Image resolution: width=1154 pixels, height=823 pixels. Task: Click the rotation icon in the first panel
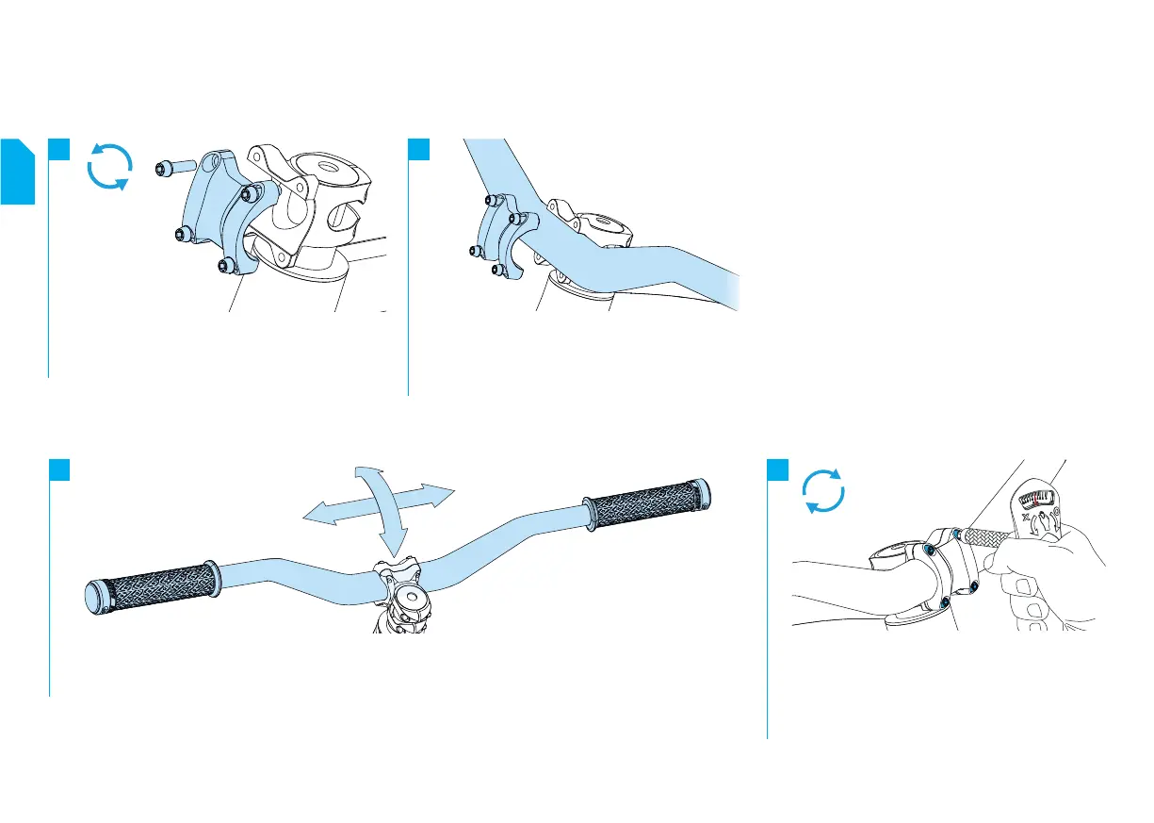tap(108, 167)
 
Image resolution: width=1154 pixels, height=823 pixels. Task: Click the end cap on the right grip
tap(704, 492)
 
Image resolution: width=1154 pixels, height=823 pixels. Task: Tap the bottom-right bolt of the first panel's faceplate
tap(225, 267)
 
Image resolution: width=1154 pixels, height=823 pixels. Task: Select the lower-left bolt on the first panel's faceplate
tap(183, 234)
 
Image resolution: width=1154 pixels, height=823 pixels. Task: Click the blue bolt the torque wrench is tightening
tap(957, 535)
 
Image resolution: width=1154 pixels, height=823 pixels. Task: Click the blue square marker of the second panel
tap(418, 149)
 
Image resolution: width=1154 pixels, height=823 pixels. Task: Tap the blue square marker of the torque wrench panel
tap(778, 469)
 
